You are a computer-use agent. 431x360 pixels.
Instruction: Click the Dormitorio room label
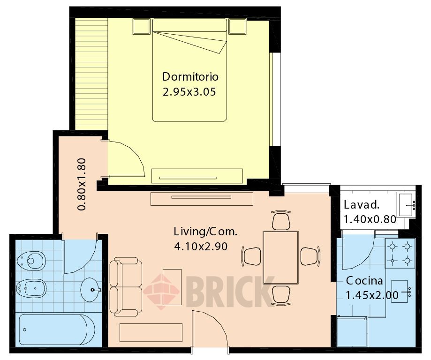click(x=190, y=77)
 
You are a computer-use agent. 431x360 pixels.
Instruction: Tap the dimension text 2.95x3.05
click(x=189, y=92)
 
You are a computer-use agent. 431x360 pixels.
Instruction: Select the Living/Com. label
click(x=205, y=232)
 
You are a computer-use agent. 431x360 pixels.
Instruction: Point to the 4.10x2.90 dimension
click(x=201, y=247)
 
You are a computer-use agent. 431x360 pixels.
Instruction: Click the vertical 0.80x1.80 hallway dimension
click(x=82, y=184)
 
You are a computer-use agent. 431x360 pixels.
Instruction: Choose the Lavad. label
click(x=362, y=205)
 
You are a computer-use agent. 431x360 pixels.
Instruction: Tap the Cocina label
click(x=364, y=281)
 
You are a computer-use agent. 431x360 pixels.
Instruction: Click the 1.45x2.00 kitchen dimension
click(x=372, y=295)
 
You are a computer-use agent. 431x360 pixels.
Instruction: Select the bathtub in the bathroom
click(x=57, y=330)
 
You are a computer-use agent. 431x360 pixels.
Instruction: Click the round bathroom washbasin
click(x=91, y=289)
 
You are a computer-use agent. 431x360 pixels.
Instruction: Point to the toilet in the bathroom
click(x=31, y=260)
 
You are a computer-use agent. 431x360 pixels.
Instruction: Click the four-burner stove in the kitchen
click(x=400, y=253)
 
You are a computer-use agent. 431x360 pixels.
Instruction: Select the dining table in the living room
click(x=280, y=257)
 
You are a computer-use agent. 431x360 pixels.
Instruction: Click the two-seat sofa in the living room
click(x=126, y=287)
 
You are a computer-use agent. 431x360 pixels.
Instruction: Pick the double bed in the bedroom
click(x=189, y=70)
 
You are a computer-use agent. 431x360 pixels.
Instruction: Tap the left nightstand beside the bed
click(x=142, y=26)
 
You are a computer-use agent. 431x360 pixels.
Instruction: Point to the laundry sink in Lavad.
click(x=406, y=204)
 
